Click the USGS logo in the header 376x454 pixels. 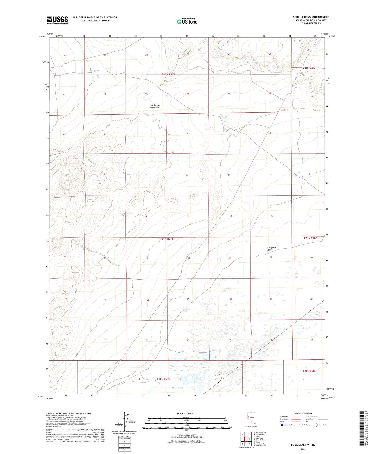[x=57, y=20]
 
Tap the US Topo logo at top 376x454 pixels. [x=187, y=21]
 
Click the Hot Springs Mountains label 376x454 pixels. [x=155, y=106]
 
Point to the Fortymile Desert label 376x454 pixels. [x=272, y=249]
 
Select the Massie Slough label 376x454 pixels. [x=177, y=388]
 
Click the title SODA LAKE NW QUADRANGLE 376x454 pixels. [x=311, y=17]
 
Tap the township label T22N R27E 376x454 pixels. [x=169, y=75]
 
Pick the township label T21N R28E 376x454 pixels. [x=310, y=238]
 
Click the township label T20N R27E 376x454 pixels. [x=163, y=379]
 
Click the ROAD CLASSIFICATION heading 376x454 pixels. [x=303, y=413]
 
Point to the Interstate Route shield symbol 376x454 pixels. [x=282, y=425]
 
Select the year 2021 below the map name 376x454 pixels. [x=303, y=449]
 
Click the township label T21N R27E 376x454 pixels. [x=167, y=239]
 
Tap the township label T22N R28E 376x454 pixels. [x=308, y=68]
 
